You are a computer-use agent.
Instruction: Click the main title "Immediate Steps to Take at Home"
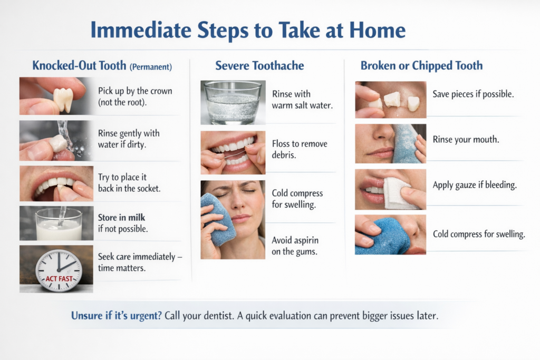[x=248, y=30]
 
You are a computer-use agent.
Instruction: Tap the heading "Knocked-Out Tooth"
[x=79, y=65]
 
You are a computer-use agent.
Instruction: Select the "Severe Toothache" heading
[x=259, y=65]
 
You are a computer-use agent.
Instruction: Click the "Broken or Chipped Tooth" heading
[x=421, y=65]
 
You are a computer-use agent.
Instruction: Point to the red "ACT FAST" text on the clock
[x=59, y=278]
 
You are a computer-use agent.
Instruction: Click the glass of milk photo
[x=56, y=223]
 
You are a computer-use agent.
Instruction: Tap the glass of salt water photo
[x=233, y=103]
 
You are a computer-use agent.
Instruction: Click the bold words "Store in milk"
[x=122, y=218]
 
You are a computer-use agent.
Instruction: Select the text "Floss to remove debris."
[x=300, y=149]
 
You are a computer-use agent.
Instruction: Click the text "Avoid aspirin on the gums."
[x=295, y=246]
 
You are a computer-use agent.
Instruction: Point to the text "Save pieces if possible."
[x=473, y=94]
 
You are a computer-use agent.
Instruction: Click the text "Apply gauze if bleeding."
[x=475, y=185]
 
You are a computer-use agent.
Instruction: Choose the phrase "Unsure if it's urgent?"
[x=116, y=316]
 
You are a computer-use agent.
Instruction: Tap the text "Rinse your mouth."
[x=466, y=139]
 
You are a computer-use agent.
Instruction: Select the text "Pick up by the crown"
[x=135, y=91]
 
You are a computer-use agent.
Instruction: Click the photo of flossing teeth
[x=233, y=152]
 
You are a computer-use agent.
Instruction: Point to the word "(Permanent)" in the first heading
[x=150, y=67]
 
